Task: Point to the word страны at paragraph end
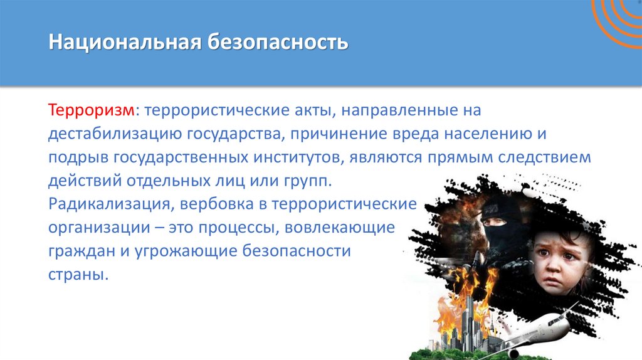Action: (x=75, y=275)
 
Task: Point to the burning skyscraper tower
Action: (x=466, y=314)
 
